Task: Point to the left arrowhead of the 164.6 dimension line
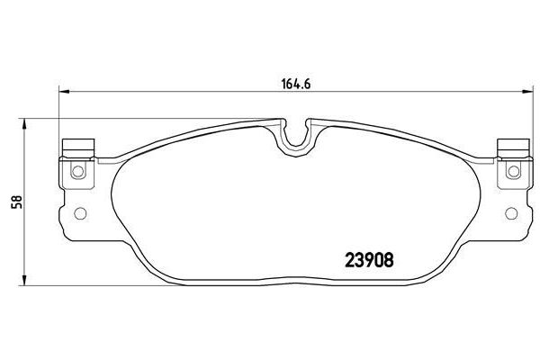[63, 91]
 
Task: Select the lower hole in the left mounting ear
[78, 214]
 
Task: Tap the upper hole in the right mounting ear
[514, 171]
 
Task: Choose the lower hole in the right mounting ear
[512, 214]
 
